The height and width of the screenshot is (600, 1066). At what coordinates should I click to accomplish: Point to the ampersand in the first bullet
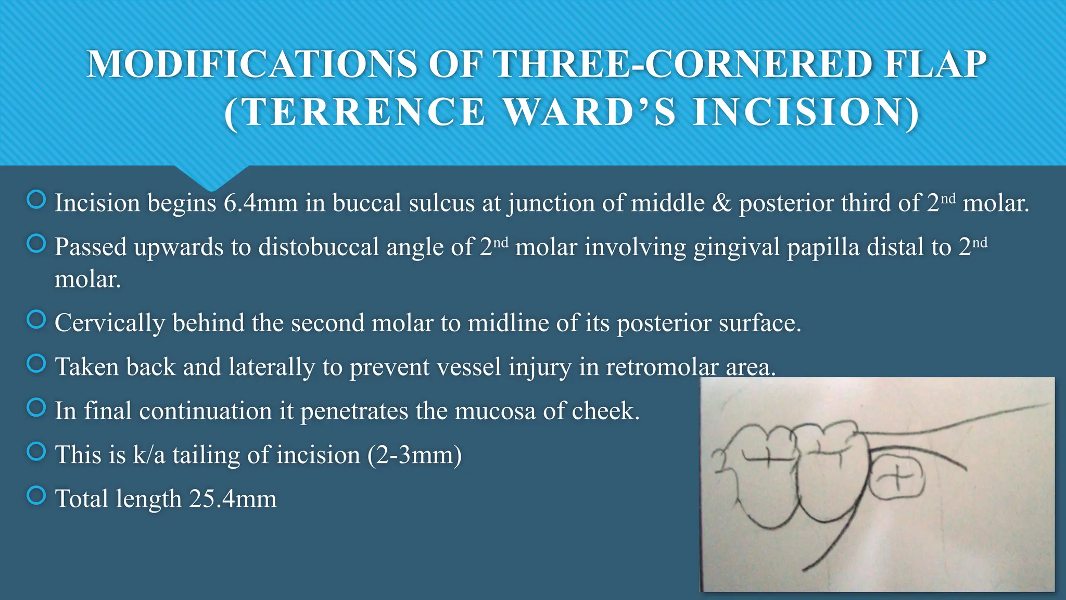click(721, 203)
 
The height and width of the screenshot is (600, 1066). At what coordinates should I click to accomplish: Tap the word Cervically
click(109, 323)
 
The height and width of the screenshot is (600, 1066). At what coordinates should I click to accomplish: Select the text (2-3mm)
click(414, 455)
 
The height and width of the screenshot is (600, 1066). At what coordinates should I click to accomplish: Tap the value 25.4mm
click(233, 499)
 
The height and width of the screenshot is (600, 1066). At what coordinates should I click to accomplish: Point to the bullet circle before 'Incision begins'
click(36, 199)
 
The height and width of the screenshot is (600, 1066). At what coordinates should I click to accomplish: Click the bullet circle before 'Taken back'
click(36, 363)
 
